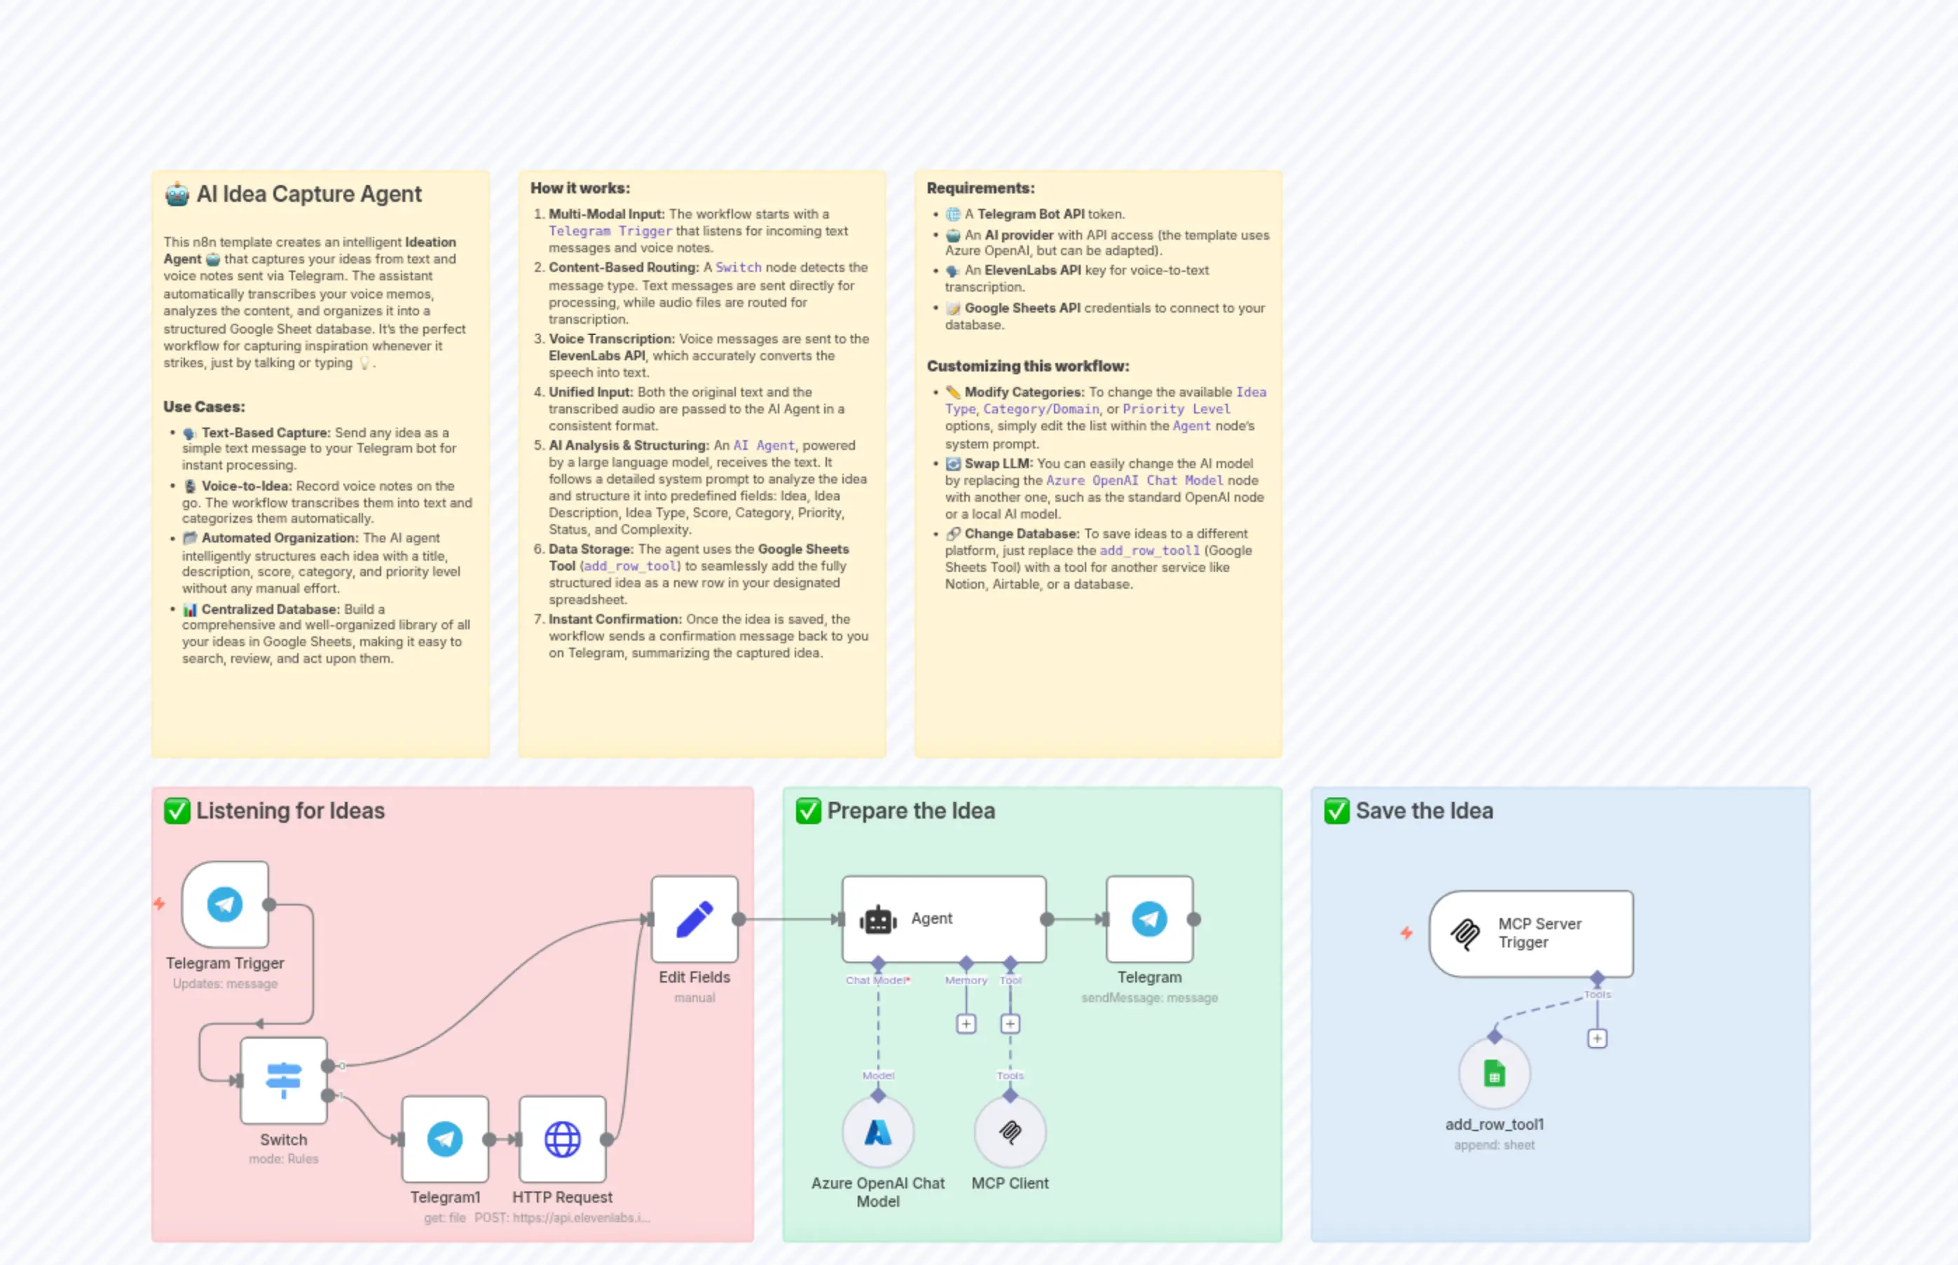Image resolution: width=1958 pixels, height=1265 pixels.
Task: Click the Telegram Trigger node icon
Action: [224, 904]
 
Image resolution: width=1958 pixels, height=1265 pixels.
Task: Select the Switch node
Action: [283, 1080]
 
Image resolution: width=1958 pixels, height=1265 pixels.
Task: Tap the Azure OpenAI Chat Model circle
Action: [878, 1133]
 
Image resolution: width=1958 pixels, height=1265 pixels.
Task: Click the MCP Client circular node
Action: [1011, 1133]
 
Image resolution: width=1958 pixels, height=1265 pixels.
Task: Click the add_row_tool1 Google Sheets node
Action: [1494, 1074]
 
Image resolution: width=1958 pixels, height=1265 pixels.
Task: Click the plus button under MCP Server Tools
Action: [1596, 1039]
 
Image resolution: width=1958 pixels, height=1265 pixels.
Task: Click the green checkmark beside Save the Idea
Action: [1336, 812]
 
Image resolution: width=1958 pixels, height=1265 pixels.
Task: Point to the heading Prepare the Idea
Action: [911, 812]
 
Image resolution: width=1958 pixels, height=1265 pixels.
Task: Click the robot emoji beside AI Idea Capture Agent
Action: [177, 195]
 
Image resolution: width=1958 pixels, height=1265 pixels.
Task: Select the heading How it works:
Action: [580, 188]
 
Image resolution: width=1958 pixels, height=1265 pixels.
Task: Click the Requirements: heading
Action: [980, 188]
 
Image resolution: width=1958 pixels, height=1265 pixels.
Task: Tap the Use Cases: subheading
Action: [204, 406]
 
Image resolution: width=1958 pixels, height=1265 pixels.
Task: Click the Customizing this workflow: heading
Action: [1027, 367]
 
